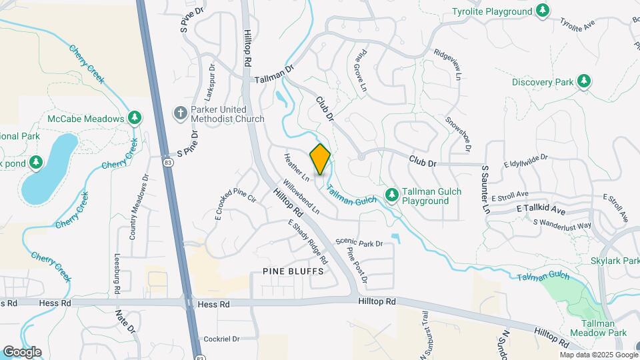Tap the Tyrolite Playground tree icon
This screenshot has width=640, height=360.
(x=543, y=11)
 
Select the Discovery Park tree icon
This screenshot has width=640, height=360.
(x=585, y=81)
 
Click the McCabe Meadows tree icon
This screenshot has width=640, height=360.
(x=135, y=118)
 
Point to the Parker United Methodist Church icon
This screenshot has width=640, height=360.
(x=179, y=113)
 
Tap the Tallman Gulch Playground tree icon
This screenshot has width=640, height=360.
(x=392, y=195)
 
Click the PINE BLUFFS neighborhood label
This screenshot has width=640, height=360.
(x=293, y=271)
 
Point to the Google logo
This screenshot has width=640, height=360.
(x=22, y=351)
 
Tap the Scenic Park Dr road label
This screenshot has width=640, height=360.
(x=359, y=243)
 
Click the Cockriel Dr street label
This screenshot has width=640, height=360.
(x=221, y=339)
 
